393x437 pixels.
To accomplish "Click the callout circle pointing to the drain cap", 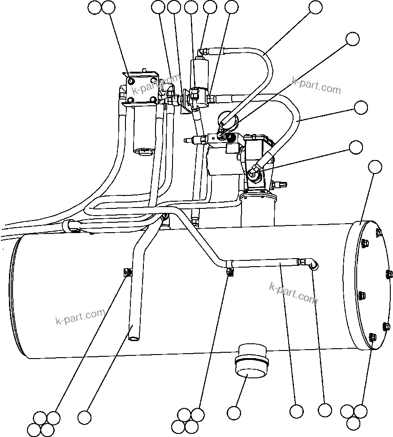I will click(234, 412).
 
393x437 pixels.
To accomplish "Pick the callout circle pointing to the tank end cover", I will click(375, 167).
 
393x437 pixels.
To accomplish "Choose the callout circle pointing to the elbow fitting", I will click(324, 410).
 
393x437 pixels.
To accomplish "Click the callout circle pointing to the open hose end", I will click(84, 417).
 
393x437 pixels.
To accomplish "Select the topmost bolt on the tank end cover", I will click(379, 232).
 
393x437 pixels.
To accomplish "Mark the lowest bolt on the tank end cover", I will click(371, 337).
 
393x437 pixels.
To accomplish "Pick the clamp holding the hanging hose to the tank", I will click(128, 272).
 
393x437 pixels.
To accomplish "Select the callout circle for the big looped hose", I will click(361, 108).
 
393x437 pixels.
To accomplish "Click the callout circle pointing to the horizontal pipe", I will click(296, 411).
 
